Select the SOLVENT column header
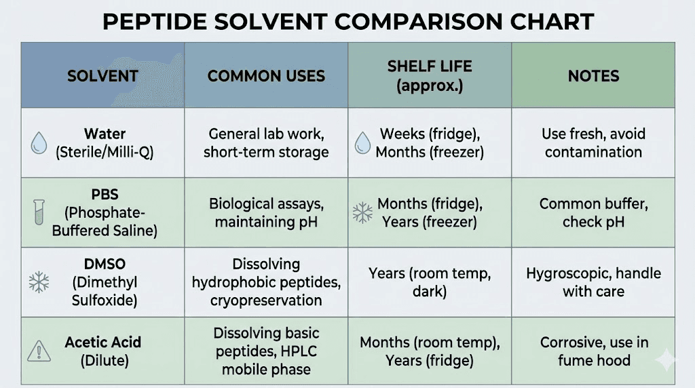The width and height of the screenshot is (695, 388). click(x=102, y=76)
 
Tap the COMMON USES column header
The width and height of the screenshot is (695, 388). click(x=266, y=76)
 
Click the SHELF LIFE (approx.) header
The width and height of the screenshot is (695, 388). click(x=430, y=76)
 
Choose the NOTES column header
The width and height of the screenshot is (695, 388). click(x=593, y=76)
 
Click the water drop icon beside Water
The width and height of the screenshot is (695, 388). click(x=39, y=142)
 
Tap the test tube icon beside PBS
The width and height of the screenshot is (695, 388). click(x=39, y=212)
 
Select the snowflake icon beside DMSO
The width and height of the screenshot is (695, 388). click(x=39, y=282)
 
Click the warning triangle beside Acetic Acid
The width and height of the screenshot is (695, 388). click(x=39, y=351)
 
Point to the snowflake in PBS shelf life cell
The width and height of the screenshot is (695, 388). click(x=362, y=213)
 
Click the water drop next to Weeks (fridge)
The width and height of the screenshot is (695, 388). click(x=363, y=142)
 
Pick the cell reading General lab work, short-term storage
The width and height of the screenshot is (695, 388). click(x=266, y=142)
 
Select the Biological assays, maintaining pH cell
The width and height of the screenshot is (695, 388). click(x=266, y=212)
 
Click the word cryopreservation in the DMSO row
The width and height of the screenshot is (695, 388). click(x=266, y=300)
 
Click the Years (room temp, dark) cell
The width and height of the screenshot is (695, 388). click(x=430, y=282)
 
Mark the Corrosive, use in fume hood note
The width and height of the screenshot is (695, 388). click(x=593, y=351)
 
